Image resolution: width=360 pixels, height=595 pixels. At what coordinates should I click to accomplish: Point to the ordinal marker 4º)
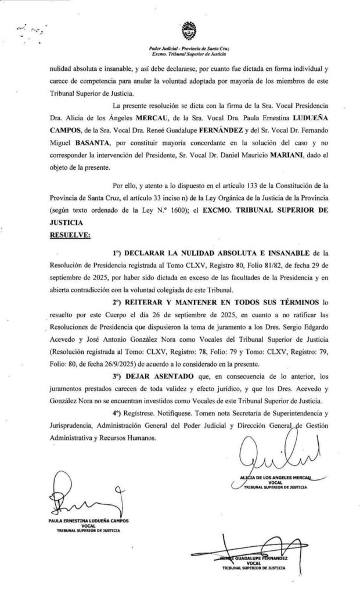(x=119, y=413)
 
